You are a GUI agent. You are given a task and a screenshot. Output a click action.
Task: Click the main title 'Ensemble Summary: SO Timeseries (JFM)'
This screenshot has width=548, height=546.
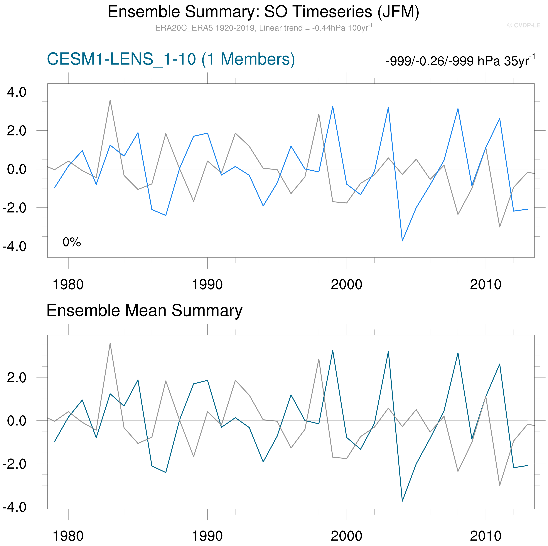263,12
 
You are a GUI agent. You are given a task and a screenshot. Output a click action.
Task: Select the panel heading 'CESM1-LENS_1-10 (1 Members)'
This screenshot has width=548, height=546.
171,59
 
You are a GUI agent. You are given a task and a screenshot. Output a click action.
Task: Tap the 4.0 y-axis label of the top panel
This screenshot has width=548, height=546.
16,92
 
